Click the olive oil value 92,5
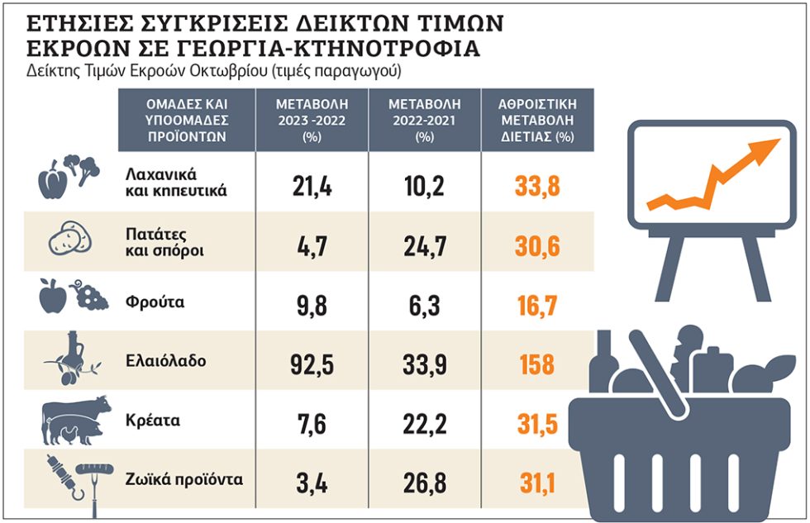pyautogui.click(x=312, y=364)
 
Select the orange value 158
pyautogui.click(x=537, y=364)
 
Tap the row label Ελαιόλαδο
pyautogui.click(x=166, y=360)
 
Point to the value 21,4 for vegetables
pyautogui.click(x=312, y=186)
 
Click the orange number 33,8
pyautogui.click(x=537, y=186)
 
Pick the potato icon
pyautogui.click(x=70, y=238)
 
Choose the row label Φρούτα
pyautogui.click(x=155, y=302)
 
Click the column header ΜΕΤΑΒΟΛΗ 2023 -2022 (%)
pyautogui.click(x=312, y=121)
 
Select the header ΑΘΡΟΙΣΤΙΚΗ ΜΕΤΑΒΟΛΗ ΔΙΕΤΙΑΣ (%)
pyautogui.click(x=537, y=121)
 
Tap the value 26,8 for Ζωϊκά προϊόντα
pyautogui.click(x=425, y=483)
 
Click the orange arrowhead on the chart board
pyautogui.click(x=766, y=147)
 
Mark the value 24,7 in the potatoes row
pyautogui.click(x=425, y=245)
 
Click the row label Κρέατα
pyautogui.click(x=153, y=421)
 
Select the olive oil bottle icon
pyautogui.click(x=73, y=359)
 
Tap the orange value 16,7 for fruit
pyautogui.click(x=537, y=306)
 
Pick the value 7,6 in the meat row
pyautogui.click(x=312, y=425)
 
